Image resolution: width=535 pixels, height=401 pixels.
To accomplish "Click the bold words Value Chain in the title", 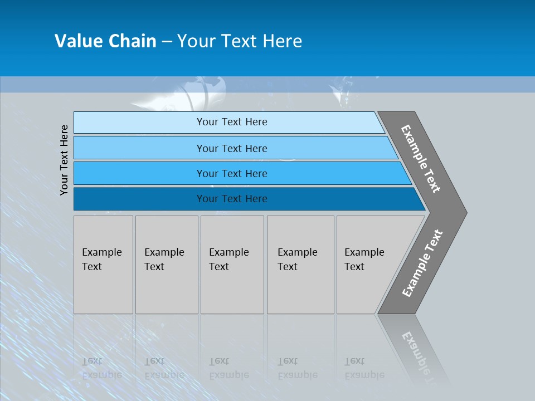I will (105, 41).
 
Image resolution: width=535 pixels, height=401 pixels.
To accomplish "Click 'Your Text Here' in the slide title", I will (240, 41).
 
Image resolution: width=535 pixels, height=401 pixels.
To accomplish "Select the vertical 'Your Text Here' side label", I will (64, 160).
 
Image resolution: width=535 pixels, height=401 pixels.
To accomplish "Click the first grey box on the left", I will (103, 265).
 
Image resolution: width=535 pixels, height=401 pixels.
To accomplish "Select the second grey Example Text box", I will (167, 265).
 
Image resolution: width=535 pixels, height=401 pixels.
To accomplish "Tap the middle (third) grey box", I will (232, 265).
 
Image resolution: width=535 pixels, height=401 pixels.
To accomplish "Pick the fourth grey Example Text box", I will (300, 265).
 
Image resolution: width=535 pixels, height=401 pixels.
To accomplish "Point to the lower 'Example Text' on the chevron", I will (422, 263).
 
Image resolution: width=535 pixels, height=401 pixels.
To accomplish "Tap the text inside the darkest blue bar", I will (232, 199).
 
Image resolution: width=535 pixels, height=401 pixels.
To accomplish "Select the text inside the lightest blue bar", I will (232, 122).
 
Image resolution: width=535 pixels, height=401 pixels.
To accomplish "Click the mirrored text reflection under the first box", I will (101, 368).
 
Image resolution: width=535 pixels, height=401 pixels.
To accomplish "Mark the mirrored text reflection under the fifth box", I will (364, 368).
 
